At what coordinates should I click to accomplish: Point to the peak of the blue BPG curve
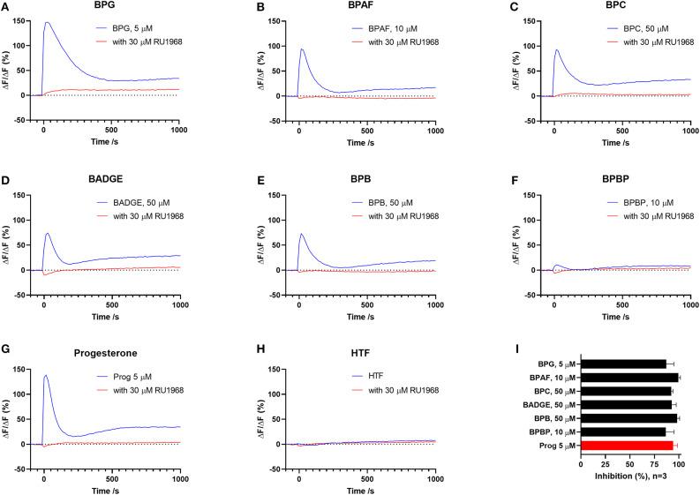click(47, 22)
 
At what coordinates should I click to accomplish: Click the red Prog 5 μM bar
click(627, 446)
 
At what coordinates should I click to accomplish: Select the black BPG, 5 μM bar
click(623, 364)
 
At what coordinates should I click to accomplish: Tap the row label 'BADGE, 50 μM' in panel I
click(550, 404)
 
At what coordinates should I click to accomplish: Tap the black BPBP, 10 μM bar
click(623, 431)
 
